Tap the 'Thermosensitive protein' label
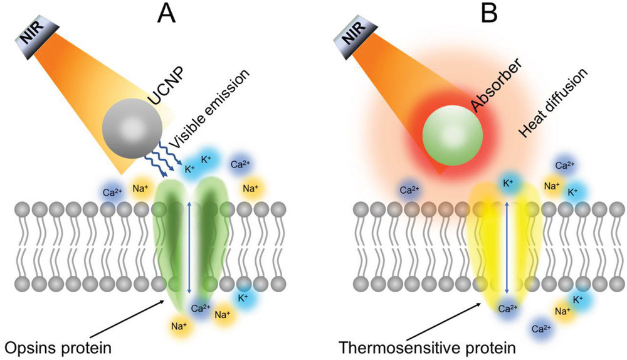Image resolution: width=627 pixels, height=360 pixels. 427,346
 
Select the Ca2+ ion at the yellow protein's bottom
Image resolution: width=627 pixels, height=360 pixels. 508,308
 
